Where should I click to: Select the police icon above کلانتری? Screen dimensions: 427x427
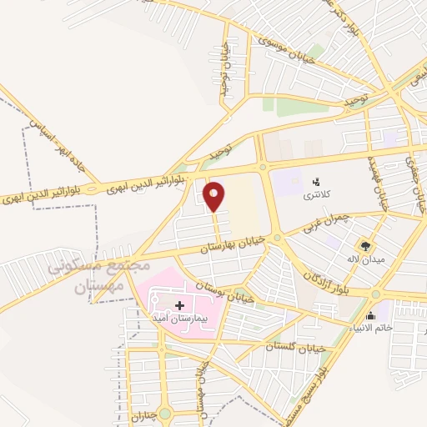pos(315,181)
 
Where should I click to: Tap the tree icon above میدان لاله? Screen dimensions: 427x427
pos(364,245)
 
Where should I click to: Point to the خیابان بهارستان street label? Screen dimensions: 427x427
pos(233,244)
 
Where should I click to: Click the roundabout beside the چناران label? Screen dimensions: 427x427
pos(164,413)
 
